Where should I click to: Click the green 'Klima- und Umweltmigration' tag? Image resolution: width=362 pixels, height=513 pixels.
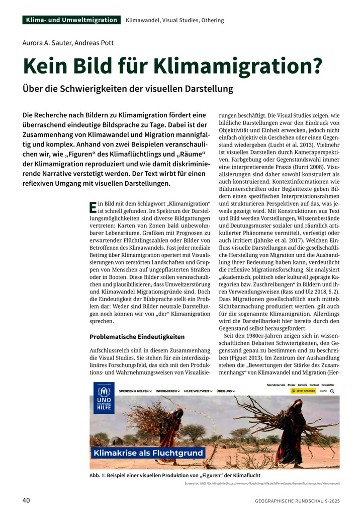point(71,20)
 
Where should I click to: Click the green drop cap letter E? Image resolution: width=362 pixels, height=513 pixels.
point(93,206)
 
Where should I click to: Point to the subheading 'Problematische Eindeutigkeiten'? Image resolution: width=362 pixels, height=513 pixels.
point(137,336)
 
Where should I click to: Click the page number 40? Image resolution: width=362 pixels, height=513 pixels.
point(27,500)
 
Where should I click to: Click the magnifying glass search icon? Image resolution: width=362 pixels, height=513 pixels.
point(332,391)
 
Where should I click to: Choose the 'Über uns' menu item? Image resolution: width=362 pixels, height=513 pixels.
point(225,391)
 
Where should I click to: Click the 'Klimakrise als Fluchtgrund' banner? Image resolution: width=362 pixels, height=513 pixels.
point(148,453)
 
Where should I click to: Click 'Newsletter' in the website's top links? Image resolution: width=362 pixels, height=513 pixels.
point(328,385)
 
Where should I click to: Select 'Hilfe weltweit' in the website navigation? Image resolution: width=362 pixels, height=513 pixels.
point(198,391)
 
